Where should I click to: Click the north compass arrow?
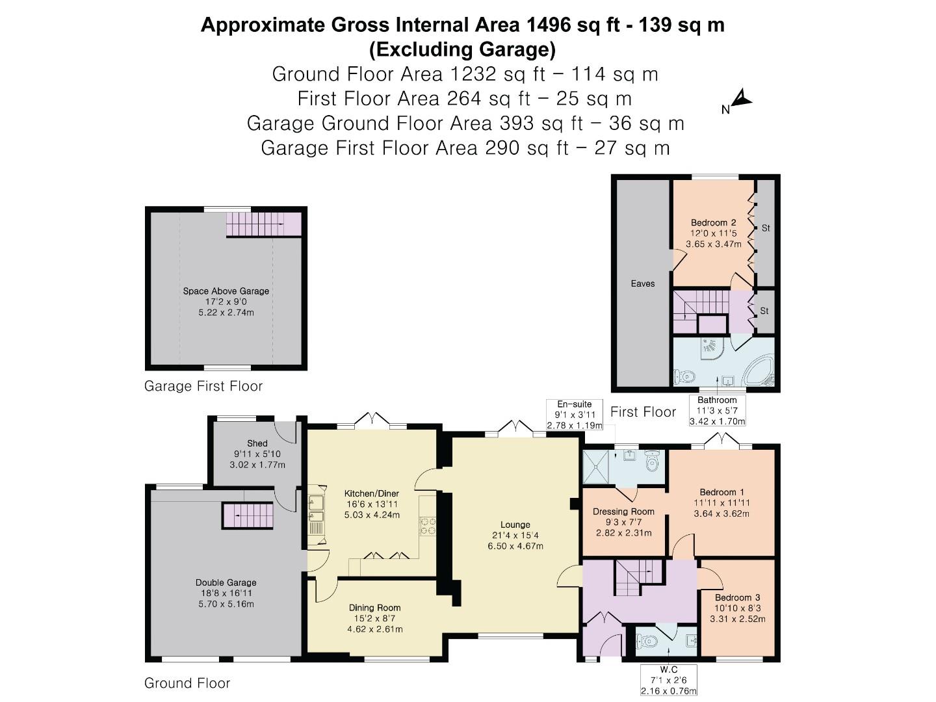coord(742,99)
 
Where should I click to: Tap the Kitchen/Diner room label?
coord(372,494)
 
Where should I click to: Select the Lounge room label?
coord(515,525)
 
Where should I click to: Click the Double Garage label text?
coord(226,582)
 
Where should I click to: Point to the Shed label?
coord(257,443)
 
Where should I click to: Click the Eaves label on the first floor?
coord(642,283)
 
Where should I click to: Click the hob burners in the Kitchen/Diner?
coord(428,525)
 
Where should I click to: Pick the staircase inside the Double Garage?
coord(248,515)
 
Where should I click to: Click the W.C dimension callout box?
coord(668,680)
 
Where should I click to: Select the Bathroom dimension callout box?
coord(717,411)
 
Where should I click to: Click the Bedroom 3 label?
coord(737,597)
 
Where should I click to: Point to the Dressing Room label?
coord(623,512)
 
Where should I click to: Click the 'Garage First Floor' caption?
coord(203,386)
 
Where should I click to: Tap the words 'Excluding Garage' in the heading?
coord(462,49)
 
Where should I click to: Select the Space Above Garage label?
coord(226,291)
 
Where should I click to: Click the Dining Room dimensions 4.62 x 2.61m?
coord(375,629)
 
